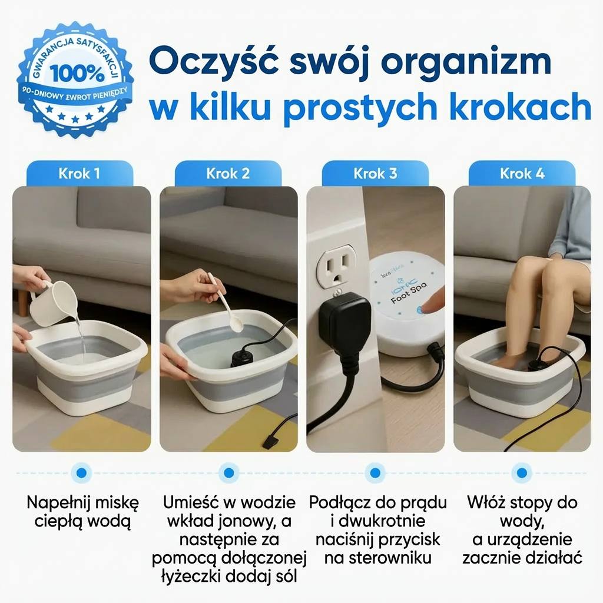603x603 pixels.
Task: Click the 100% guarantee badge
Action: coord(75,79)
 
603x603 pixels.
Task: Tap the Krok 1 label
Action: coord(79,174)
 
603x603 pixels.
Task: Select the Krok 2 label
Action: coord(228,174)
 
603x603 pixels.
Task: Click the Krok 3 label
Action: coord(375,174)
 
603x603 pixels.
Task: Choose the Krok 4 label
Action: coord(522,174)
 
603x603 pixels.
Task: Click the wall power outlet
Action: coord(336,267)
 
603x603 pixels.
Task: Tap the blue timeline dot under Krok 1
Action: coord(81,472)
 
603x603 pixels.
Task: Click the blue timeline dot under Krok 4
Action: coord(521,472)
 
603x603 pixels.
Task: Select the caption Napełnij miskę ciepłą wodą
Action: coord(82,512)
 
